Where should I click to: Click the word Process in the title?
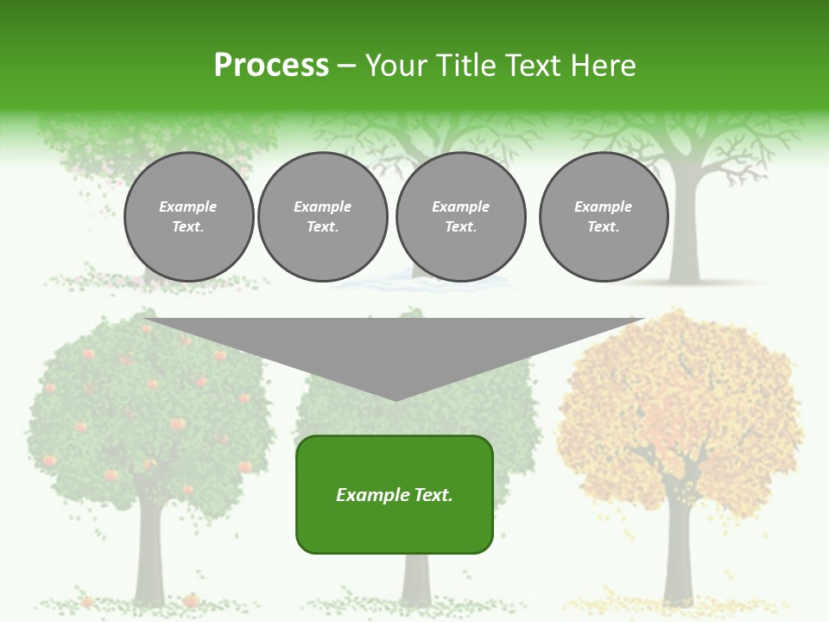271,66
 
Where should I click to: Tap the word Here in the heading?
602,66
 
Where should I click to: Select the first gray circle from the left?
188,216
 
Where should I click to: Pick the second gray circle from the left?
322,216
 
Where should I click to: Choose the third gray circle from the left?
460,216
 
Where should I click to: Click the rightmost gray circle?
603,216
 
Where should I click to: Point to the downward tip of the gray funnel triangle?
396,398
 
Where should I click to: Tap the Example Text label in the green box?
395,495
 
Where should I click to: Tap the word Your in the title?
396,66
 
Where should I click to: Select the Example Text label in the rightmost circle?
603,216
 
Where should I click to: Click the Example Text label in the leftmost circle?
188,216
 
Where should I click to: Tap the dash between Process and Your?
346,66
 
